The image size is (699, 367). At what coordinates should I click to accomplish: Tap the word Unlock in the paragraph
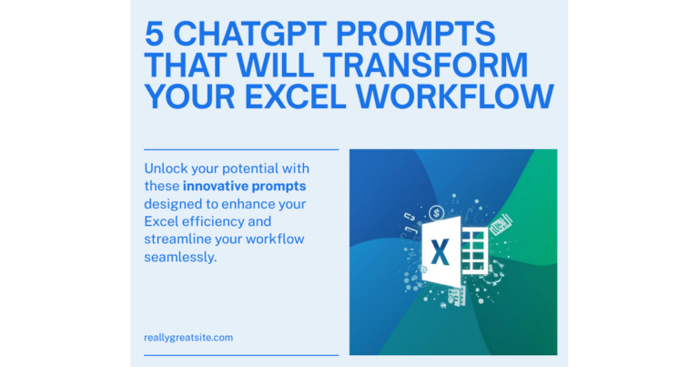tap(168, 169)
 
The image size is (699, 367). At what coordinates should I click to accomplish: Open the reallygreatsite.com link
tap(188, 337)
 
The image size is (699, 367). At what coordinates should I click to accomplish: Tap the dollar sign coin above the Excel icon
tap(437, 213)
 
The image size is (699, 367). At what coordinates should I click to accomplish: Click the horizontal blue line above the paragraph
tap(241, 149)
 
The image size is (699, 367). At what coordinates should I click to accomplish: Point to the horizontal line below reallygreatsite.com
tap(241, 355)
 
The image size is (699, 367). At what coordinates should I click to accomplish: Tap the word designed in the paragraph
tap(176, 204)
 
